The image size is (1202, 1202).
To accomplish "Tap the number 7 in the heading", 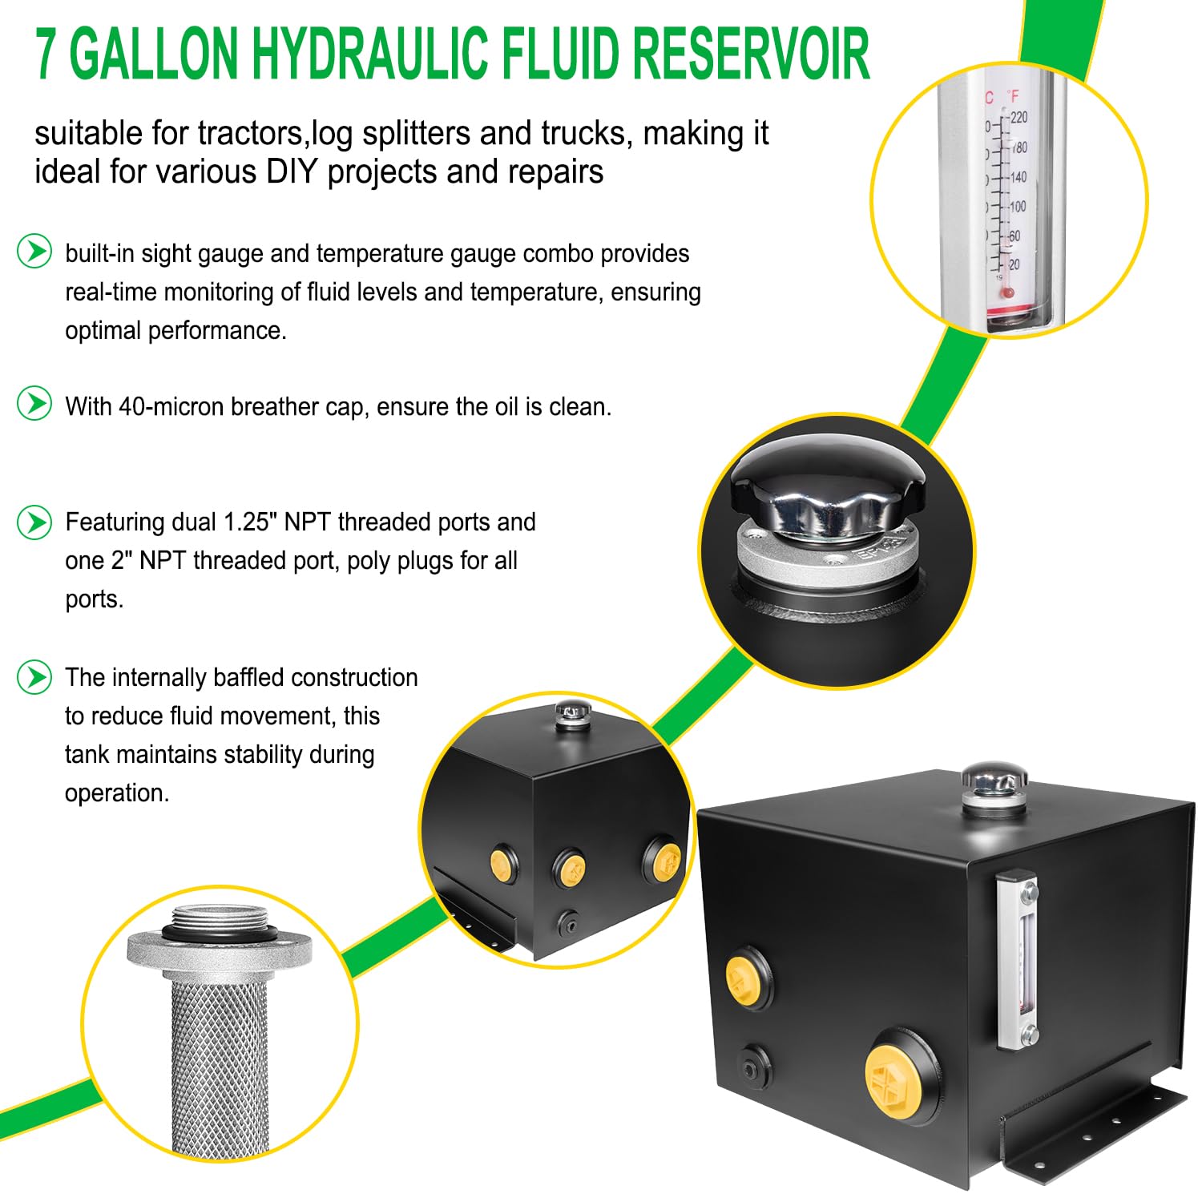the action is [x=46, y=54].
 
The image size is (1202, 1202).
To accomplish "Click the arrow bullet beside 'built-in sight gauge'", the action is [x=34, y=252].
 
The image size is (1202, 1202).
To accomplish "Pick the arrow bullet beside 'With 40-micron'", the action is [x=34, y=403].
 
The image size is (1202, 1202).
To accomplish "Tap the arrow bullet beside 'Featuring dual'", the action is [x=34, y=522].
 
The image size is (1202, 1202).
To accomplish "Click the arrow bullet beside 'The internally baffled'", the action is [x=34, y=677].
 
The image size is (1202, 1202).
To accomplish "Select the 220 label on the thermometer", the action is [x=1018, y=118].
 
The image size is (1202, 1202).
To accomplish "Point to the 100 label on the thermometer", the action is [x=1017, y=207].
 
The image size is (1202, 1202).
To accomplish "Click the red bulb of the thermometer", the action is [x=1008, y=293].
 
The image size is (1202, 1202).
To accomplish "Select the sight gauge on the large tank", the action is [x=1018, y=959].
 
